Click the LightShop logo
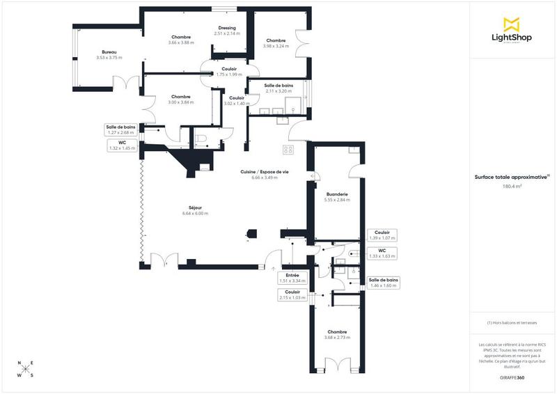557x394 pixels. [511, 31]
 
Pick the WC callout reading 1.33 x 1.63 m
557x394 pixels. [382, 253]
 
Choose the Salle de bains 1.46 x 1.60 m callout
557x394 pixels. [383, 282]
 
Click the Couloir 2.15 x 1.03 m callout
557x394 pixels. [292, 295]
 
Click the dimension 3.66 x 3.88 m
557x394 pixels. [181, 42]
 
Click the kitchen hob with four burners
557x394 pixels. [288, 150]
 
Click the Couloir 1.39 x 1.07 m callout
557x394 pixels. [382, 235]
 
